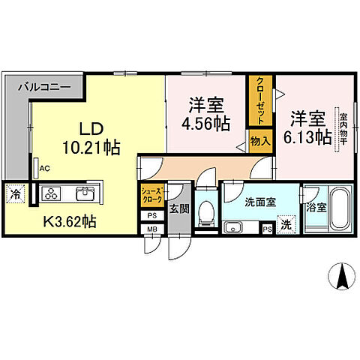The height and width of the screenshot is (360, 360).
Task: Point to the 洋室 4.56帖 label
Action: click(x=203, y=115)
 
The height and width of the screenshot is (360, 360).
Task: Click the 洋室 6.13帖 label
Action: click(x=307, y=128)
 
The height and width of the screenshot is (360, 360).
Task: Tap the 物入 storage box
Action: click(x=260, y=141)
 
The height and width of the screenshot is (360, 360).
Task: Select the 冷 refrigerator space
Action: click(x=16, y=194)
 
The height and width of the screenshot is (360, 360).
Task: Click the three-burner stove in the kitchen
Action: click(x=52, y=194)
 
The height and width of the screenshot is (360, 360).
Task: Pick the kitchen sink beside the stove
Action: click(x=84, y=195)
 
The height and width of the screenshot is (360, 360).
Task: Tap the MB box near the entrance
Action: click(x=150, y=228)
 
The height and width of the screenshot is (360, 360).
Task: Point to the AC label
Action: click(x=44, y=169)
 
